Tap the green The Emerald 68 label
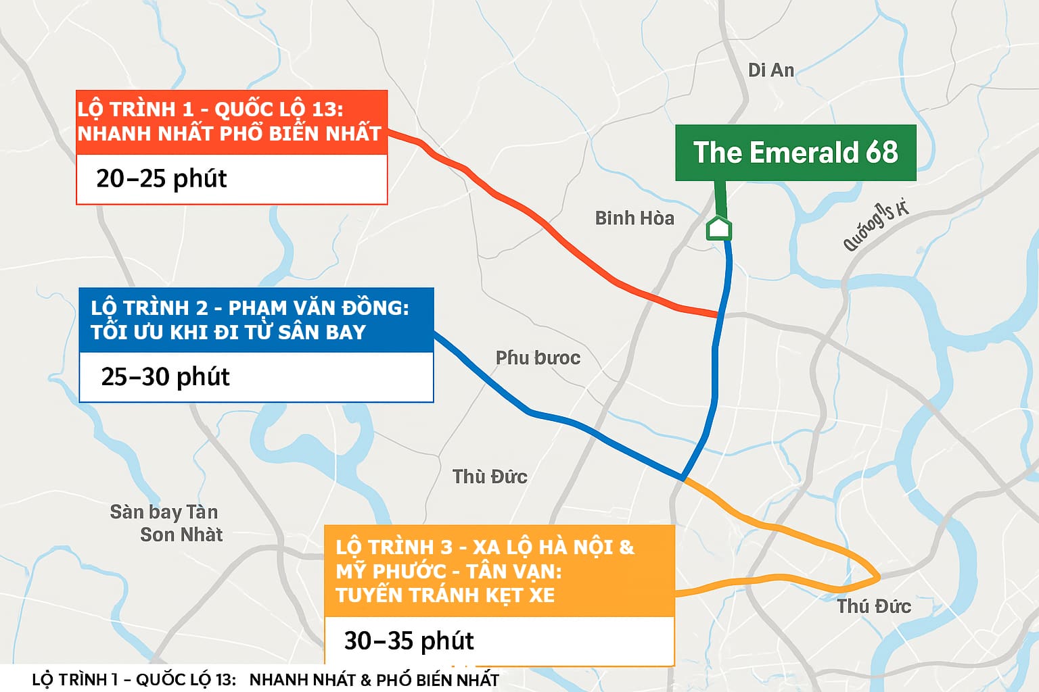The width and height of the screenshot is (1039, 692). (795, 153)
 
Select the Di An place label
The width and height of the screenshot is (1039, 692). (771, 70)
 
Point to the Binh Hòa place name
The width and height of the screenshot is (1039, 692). (634, 218)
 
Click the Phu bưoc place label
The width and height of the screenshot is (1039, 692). (538, 357)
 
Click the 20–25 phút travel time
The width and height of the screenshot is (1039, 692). (162, 178)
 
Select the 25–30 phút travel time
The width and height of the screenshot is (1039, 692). (166, 376)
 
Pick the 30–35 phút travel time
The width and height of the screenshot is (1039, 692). (409, 641)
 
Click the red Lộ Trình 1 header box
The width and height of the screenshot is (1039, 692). (231, 122)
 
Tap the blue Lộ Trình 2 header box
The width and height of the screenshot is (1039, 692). (256, 320)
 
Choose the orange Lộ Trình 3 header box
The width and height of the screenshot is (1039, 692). (499, 571)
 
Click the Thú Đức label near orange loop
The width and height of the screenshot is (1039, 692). (874, 606)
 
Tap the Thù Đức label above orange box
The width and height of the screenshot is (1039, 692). (490, 476)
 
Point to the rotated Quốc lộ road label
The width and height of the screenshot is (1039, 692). (875, 226)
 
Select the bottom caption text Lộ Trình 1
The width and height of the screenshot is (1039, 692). (133, 680)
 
